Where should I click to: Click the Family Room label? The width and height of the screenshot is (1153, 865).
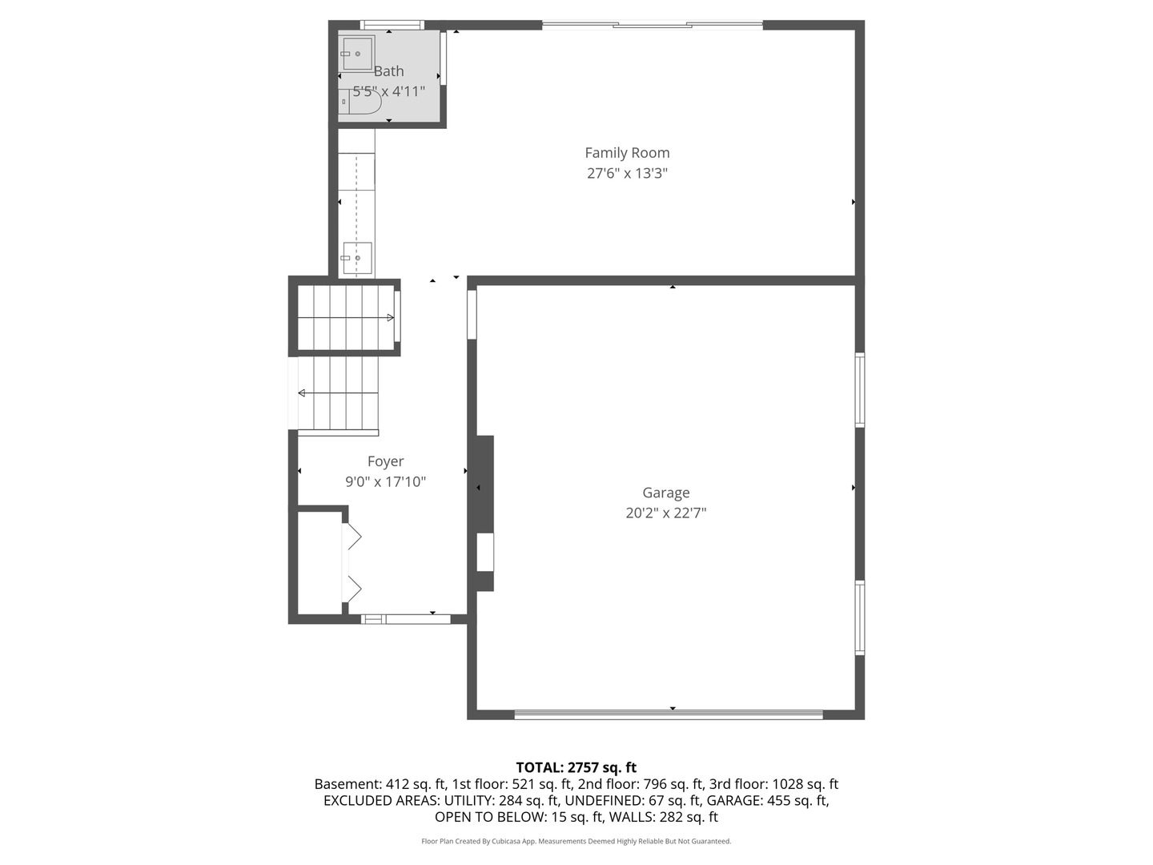coord(627,153)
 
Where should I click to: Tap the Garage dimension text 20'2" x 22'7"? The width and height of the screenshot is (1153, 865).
coord(665,513)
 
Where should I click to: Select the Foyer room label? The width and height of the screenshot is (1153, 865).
coord(385,461)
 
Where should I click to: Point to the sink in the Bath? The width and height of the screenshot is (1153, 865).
coord(356,54)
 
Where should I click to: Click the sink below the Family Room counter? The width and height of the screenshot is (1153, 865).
coord(357,258)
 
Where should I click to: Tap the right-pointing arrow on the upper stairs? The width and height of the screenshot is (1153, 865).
coord(390,318)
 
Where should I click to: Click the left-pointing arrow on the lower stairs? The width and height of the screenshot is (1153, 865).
coord(302,393)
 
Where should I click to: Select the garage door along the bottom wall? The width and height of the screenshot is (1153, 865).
coord(668,714)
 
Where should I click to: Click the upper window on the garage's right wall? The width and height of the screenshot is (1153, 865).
coord(860,390)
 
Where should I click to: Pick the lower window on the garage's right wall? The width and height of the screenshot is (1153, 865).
coord(860,618)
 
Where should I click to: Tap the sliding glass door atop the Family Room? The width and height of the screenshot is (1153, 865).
coord(653,26)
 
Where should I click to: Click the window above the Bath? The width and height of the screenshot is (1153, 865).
coord(392,25)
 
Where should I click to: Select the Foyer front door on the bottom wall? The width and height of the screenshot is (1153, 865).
coord(407,618)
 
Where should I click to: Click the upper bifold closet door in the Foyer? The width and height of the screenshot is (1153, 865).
coord(352,537)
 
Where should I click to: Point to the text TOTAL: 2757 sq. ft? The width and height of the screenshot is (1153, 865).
coord(576,767)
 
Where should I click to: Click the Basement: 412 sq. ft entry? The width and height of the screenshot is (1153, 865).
coord(380,784)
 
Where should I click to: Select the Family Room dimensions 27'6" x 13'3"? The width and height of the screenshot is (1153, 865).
coord(627,173)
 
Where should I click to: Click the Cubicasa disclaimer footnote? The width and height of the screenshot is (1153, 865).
coord(576,841)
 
